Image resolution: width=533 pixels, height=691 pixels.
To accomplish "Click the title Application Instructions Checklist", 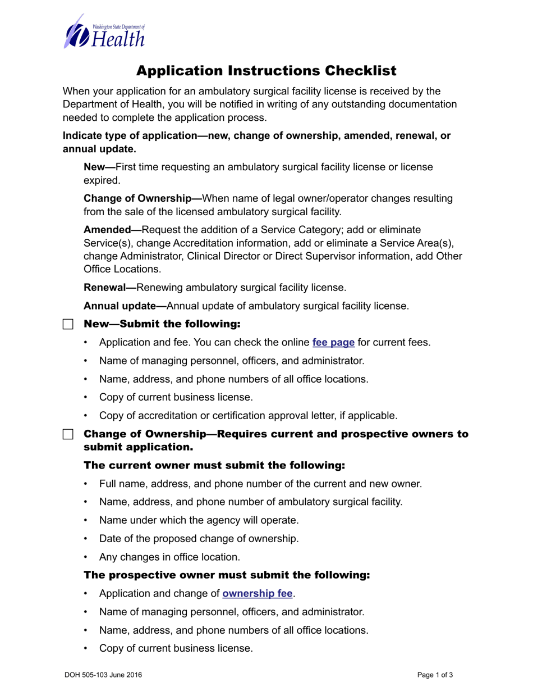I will (x=266, y=71).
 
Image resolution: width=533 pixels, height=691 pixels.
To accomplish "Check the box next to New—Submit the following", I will (x=68, y=325).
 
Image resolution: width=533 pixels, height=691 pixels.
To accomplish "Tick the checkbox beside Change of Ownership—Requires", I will (x=68, y=435).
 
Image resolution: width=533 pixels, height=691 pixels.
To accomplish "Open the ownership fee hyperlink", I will (x=258, y=593).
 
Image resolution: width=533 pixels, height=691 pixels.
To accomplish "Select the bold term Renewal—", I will (x=110, y=288).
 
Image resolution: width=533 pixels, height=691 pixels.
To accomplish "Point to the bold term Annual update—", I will (x=125, y=306).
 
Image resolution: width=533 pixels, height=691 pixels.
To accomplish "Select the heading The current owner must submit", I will (x=214, y=466).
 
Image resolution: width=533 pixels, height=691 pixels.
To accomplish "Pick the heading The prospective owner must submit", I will (x=227, y=575).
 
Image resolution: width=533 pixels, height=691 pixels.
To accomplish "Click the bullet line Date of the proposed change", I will (x=199, y=539).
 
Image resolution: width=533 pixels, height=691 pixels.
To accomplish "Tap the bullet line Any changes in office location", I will (x=169, y=557).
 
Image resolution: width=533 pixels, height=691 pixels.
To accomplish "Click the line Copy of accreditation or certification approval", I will (x=248, y=416).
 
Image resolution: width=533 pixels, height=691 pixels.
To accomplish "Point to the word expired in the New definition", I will (x=101, y=180).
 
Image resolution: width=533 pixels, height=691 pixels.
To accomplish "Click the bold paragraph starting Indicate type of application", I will (x=256, y=142).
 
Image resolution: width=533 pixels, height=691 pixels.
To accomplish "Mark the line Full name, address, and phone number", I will (x=260, y=484).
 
